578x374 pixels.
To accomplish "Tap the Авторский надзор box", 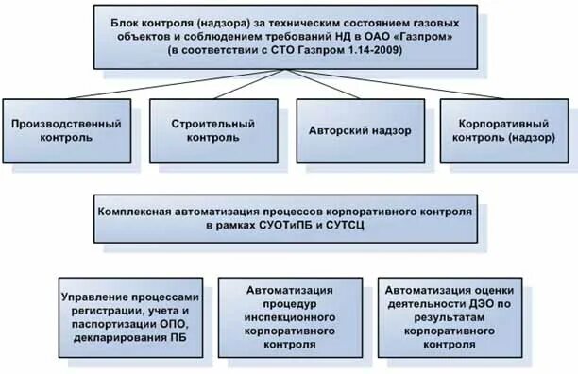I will click(359, 130).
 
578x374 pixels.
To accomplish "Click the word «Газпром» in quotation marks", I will click(435, 33).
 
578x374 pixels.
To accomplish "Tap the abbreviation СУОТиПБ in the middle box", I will click(285, 227).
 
